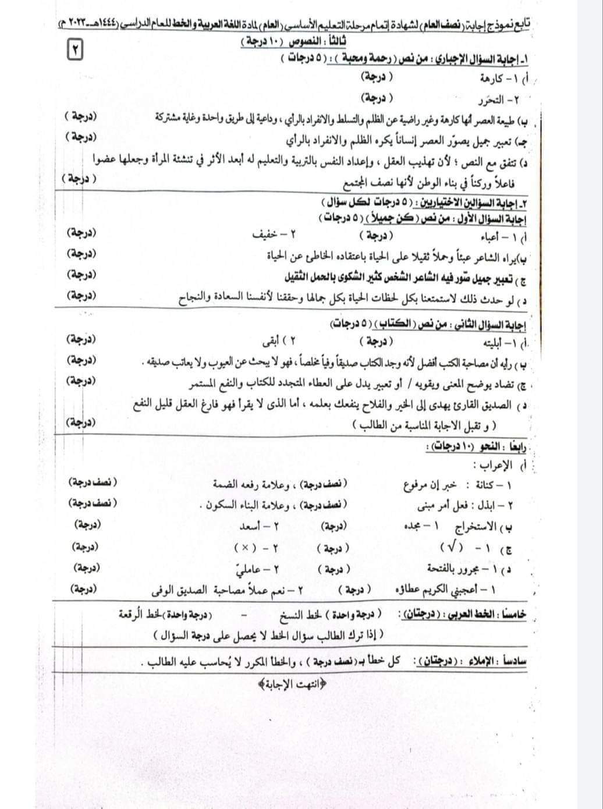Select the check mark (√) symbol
(452, 548)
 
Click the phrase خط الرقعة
(134, 615)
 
